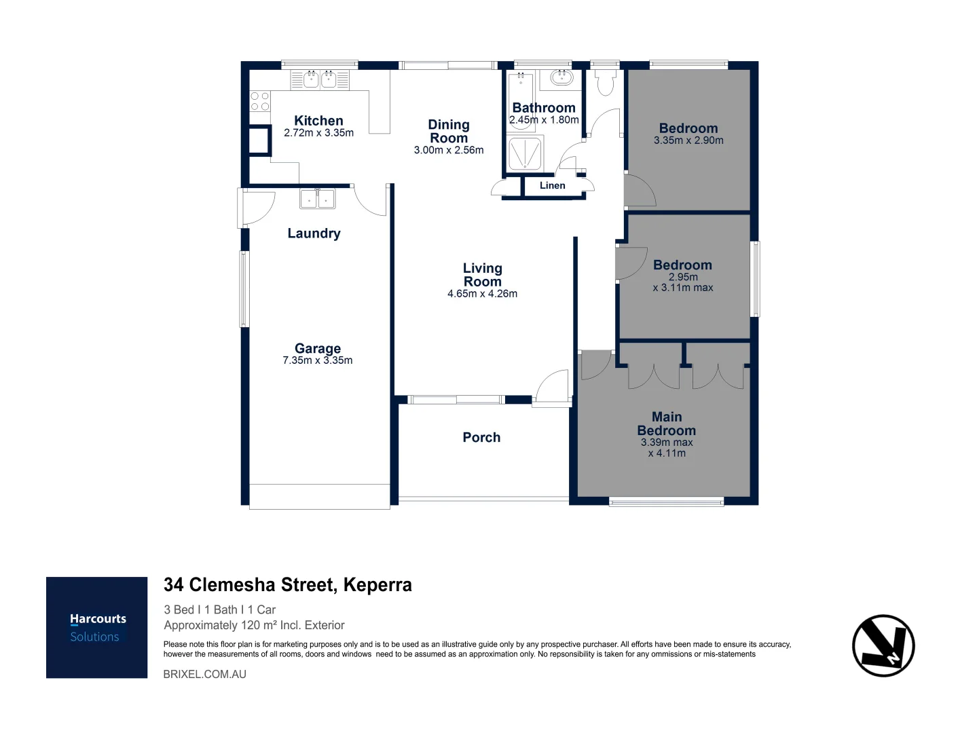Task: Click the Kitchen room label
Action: (318, 121)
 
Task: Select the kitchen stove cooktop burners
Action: (259, 101)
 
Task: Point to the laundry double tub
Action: (317, 198)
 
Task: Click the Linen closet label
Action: (553, 185)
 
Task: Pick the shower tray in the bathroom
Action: (526, 153)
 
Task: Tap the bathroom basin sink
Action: (561, 78)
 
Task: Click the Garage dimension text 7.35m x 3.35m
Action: (317, 360)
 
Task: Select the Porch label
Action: (481, 437)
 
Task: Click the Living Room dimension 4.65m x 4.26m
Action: (482, 294)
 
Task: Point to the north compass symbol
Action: (883, 645)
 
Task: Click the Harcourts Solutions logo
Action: (96, 627)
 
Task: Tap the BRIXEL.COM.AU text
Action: (205, 674)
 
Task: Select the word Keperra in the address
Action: (377, 584)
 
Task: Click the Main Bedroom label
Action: (666, 424)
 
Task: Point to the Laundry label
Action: (314, 233)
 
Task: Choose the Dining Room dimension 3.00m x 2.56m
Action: (449, 150)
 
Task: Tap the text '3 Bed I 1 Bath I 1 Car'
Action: (220, 609)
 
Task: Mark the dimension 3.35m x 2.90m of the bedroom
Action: (688, 140)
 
